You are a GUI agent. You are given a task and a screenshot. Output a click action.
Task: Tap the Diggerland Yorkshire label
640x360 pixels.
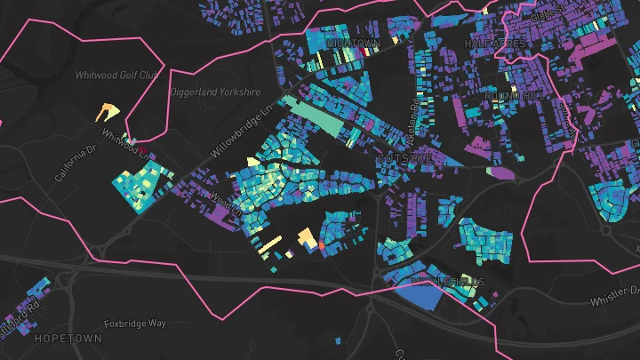(x=216, y=92)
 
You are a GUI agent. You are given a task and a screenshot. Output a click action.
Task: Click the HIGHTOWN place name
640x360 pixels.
(x=353, y=43)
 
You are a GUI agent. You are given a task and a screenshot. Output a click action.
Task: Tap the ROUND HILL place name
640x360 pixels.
(x=508, y=94)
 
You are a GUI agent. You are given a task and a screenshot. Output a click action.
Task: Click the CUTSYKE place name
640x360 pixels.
(x=404, y=156)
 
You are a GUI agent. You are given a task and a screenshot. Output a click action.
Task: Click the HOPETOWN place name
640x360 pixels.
(x=62, y=340)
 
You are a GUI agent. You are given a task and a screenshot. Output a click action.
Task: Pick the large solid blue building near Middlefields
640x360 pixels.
(x=418, y=297)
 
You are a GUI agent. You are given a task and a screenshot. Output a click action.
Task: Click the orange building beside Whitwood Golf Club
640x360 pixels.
(x=108, y=111)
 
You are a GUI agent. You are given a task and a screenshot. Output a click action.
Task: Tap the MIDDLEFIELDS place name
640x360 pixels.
(x=449, y=282)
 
